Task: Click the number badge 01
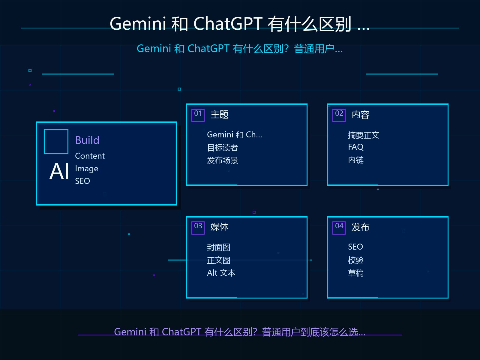(x=198, y=115)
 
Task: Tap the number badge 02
(x=339, y=115)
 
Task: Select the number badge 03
(x=198, y=228)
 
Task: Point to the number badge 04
(x=339, y=228)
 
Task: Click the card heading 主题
(x=220, y=115)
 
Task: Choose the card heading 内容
(x=361, y=115)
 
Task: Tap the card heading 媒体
(x=220, y=227)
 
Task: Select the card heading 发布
(x=361, y=227)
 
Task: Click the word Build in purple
(x=87, y=140)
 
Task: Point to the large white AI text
(x=59, y=171)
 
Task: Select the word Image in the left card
(x=87, y=169)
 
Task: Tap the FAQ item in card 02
(x=356, y=147)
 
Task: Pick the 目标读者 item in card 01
(x=222, y=148)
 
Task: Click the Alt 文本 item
(x=221, y=273)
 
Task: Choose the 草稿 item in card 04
(x=356, y=273)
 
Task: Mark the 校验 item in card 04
(x=356, y=260)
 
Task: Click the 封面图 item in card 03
(x=219, y=247)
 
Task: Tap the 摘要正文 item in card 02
(x=363, y=135)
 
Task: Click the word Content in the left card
(x=90, y=156)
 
